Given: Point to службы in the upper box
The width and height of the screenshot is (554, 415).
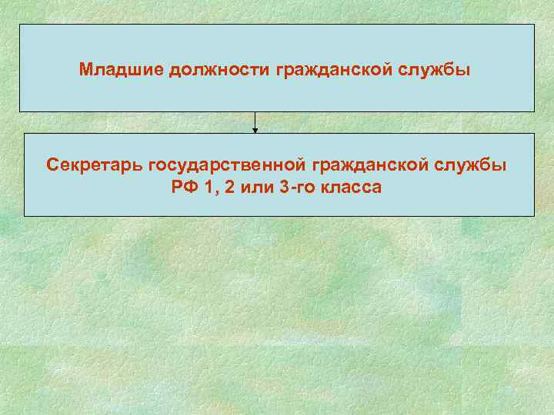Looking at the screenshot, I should point(436,70).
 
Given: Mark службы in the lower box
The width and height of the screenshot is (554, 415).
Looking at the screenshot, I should point(473,165).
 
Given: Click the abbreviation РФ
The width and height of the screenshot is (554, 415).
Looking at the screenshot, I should point(186,186).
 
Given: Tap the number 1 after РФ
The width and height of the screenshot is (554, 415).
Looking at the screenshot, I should point(210,186).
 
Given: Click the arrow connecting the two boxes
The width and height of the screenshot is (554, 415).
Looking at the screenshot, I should point(255,121).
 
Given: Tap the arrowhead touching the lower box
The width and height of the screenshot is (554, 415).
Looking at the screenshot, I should point(255,130).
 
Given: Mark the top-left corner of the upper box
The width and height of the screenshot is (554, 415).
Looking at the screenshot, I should point(20,25).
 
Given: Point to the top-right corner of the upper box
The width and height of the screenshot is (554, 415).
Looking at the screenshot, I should point(534,25).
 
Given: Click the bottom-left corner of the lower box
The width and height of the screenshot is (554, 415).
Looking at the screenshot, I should point(25,215).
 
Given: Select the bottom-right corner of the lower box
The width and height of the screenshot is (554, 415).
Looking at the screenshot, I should point(534,215).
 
